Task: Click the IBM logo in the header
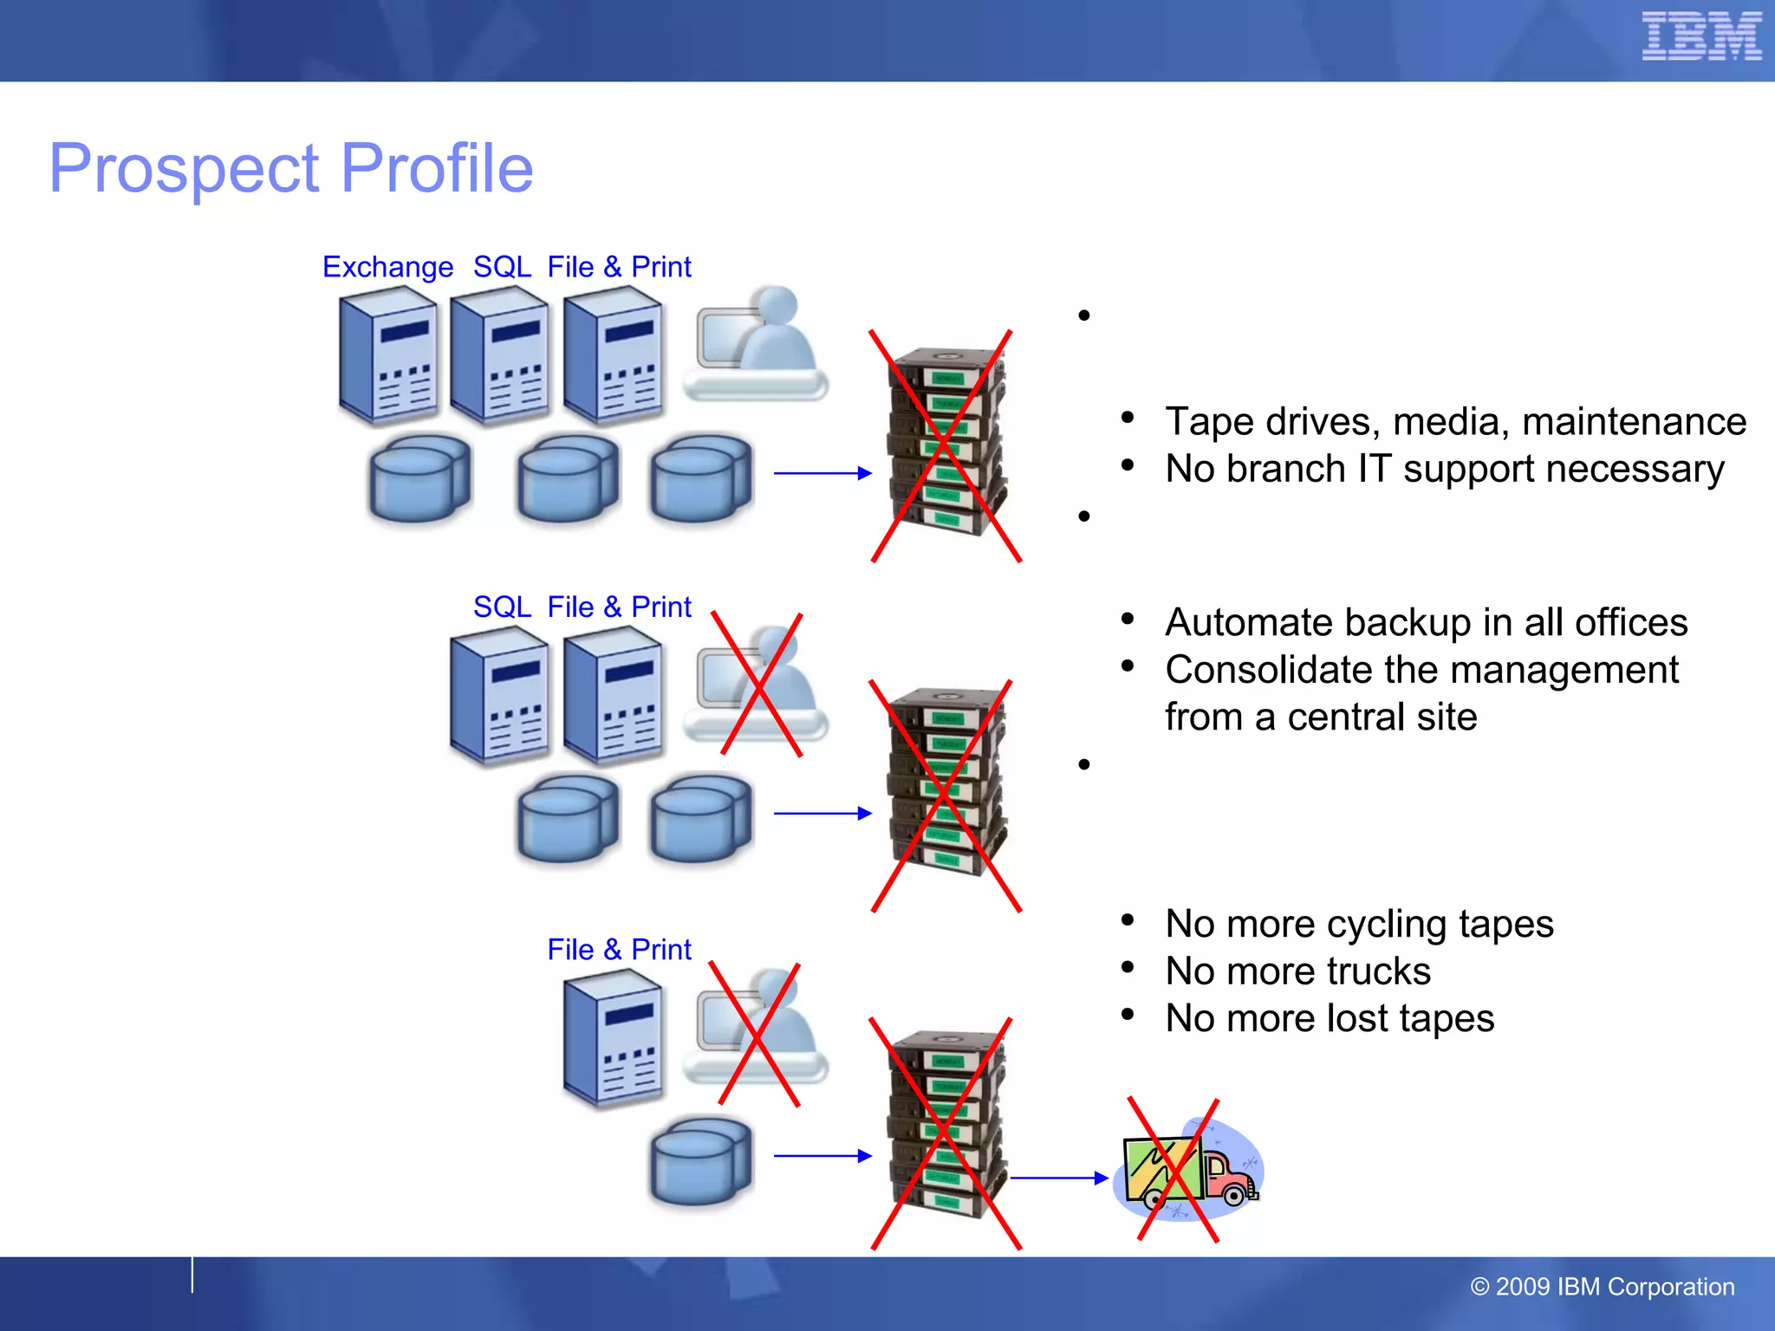(1700, 36)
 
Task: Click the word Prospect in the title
(185, 169)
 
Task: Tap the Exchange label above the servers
(387, 267)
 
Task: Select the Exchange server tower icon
(387, 355)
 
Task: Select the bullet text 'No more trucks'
(1297, 971)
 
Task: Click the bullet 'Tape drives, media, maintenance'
(1454, 422)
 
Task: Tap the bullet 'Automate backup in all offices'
(1426, 622)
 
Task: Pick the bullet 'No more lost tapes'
(1329, 1018)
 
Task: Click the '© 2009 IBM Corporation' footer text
(1602, 1287)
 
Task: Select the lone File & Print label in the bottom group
(619, 950)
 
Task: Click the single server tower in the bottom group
(613, 1038)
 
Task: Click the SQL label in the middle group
(502, 607)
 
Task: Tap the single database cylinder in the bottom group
(700, 1161)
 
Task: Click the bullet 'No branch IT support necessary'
(1444, 469)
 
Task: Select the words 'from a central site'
(1320, 717)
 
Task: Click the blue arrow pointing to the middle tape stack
(822, 813)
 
